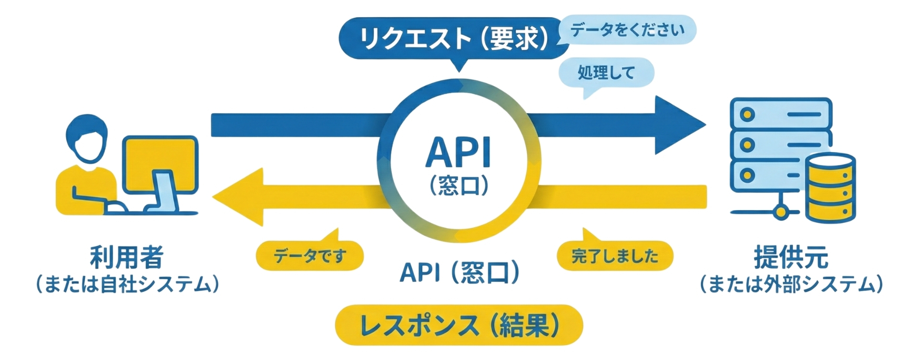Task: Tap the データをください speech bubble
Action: (627, 30)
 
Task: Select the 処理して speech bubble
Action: (606, 73)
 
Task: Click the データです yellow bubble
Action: (310, 256)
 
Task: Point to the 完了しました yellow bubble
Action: (615, 256)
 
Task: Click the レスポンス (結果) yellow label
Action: (459, 325)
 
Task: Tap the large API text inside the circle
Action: (459, 153)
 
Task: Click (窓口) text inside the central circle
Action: (459, 185)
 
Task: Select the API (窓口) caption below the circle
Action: (459, 273)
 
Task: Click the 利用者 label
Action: (127, 257)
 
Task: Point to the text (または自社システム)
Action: (127, 284)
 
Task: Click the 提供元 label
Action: (791, 257)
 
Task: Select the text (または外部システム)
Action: (791, 284)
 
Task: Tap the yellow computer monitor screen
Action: (161, 163)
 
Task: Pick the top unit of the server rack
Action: (781, 114)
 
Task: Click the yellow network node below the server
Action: (780, 211)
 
